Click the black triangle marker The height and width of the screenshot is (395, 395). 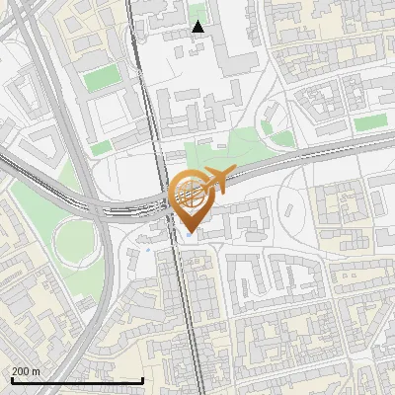(198, 27)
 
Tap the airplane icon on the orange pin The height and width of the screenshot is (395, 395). (217, 181)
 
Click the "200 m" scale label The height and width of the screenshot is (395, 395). (27, 370)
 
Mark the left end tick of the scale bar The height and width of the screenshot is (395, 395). (12, 380)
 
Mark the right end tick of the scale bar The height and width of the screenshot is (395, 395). (143, 380)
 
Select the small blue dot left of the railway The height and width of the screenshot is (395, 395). (148, 249)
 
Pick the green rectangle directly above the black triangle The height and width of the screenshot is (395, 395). (198, 12)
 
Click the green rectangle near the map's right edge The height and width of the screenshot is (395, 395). (370, 122)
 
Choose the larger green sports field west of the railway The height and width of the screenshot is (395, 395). (100, 79)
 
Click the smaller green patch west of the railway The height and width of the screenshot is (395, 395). (100, 148)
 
